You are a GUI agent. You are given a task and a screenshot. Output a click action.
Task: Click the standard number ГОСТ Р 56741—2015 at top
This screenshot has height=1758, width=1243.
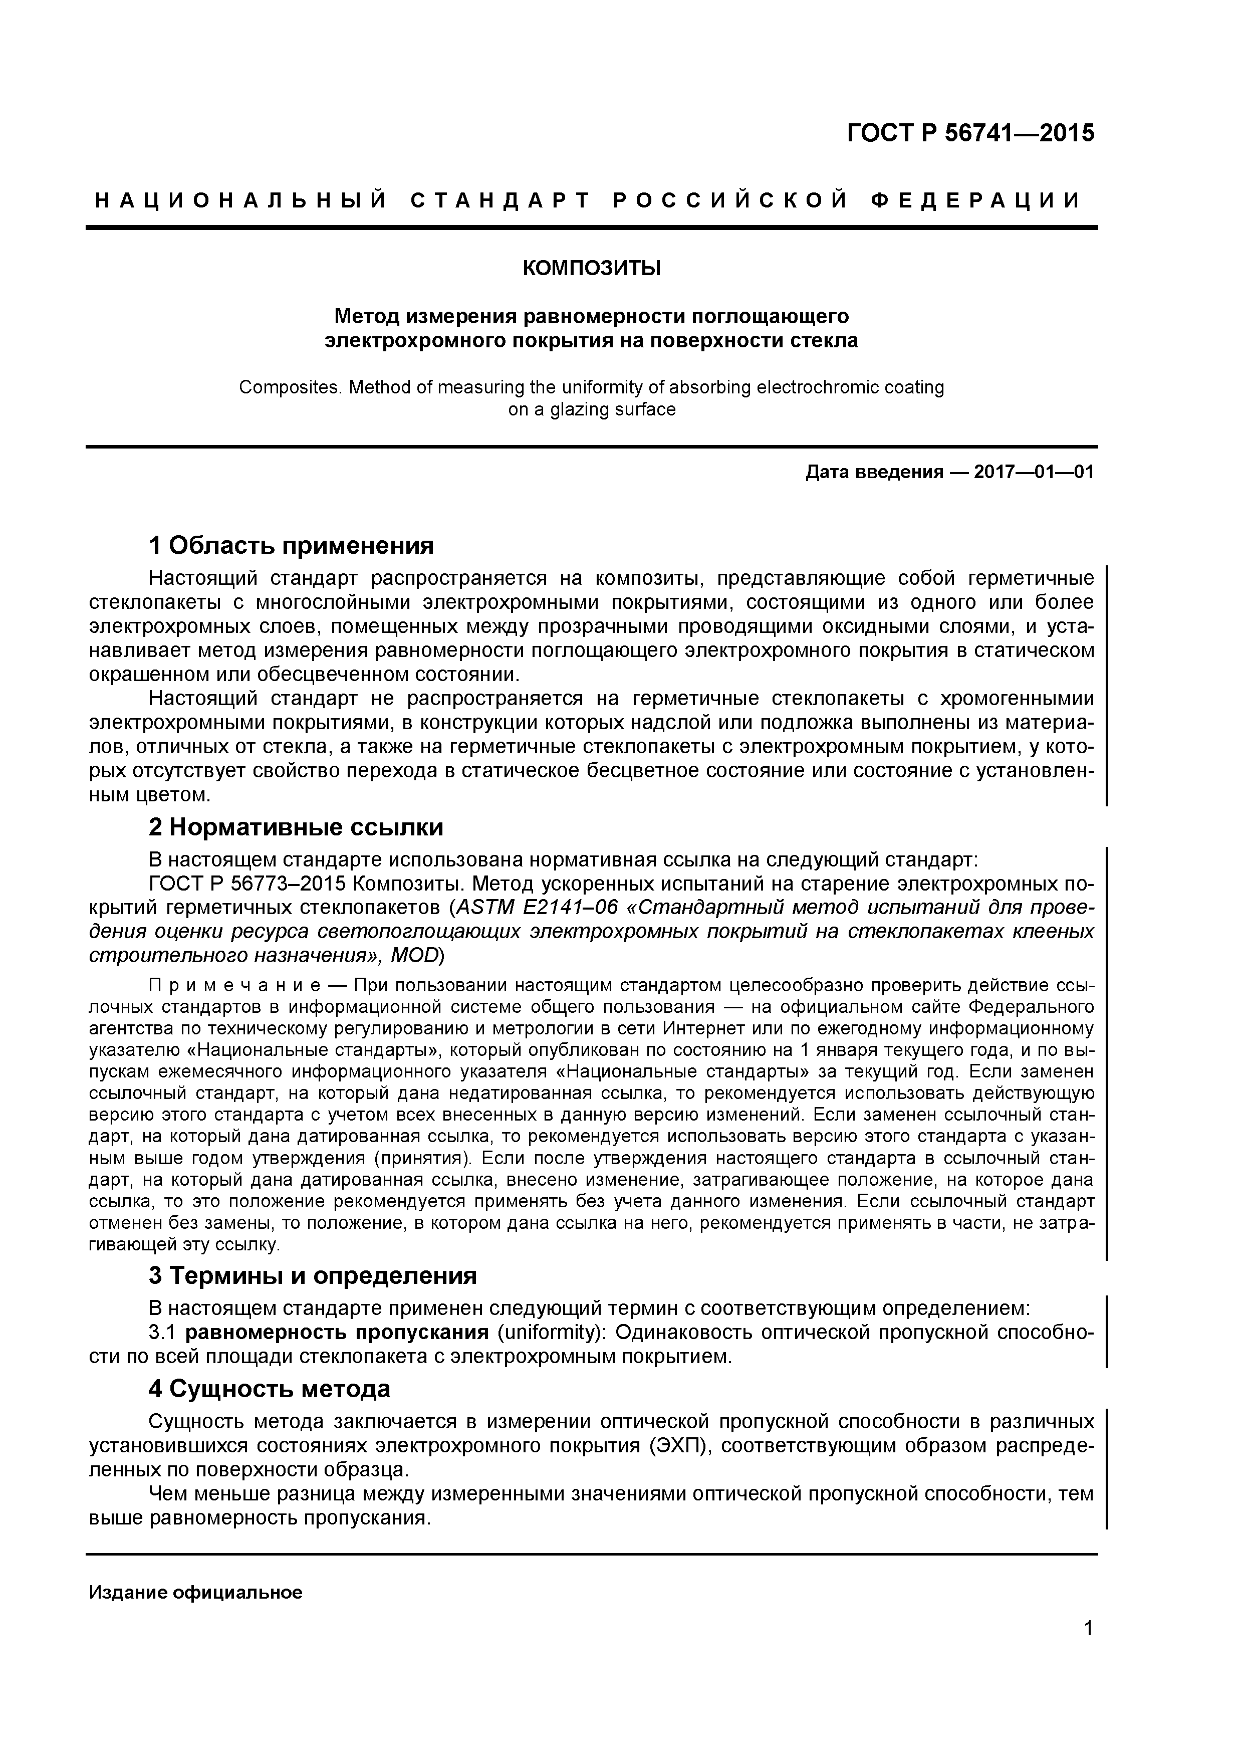[970, 133]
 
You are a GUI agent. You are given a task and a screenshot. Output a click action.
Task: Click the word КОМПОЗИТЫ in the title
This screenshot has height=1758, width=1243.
[591, 269]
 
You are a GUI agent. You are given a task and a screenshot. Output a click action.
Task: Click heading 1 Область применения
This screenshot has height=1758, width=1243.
[291, 546]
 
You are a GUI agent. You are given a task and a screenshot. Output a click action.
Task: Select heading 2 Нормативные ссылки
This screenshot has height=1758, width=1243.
[296, 828]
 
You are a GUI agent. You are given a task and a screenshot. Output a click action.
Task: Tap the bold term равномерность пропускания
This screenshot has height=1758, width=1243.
[337, 1333]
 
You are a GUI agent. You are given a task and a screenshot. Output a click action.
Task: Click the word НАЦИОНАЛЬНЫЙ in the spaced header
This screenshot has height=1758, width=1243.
[239, 200]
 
